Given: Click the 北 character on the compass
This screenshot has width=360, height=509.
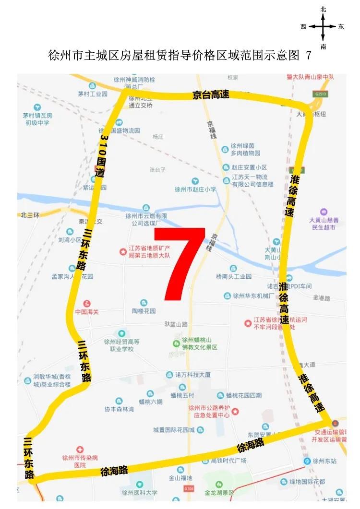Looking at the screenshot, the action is click(324, 9).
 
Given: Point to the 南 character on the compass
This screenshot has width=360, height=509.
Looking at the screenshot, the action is click(324, 47).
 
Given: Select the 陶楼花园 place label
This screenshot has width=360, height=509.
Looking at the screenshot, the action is click(144, 311).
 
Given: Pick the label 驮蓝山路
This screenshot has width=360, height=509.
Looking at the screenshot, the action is click(175, 325).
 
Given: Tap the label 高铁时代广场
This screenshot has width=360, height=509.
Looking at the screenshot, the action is click(228, 461).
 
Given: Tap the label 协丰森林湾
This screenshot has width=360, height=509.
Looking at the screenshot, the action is click(119, 409).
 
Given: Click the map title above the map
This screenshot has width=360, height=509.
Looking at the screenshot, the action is click(180, 56).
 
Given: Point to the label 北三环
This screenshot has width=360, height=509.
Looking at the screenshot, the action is click(30, 214).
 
